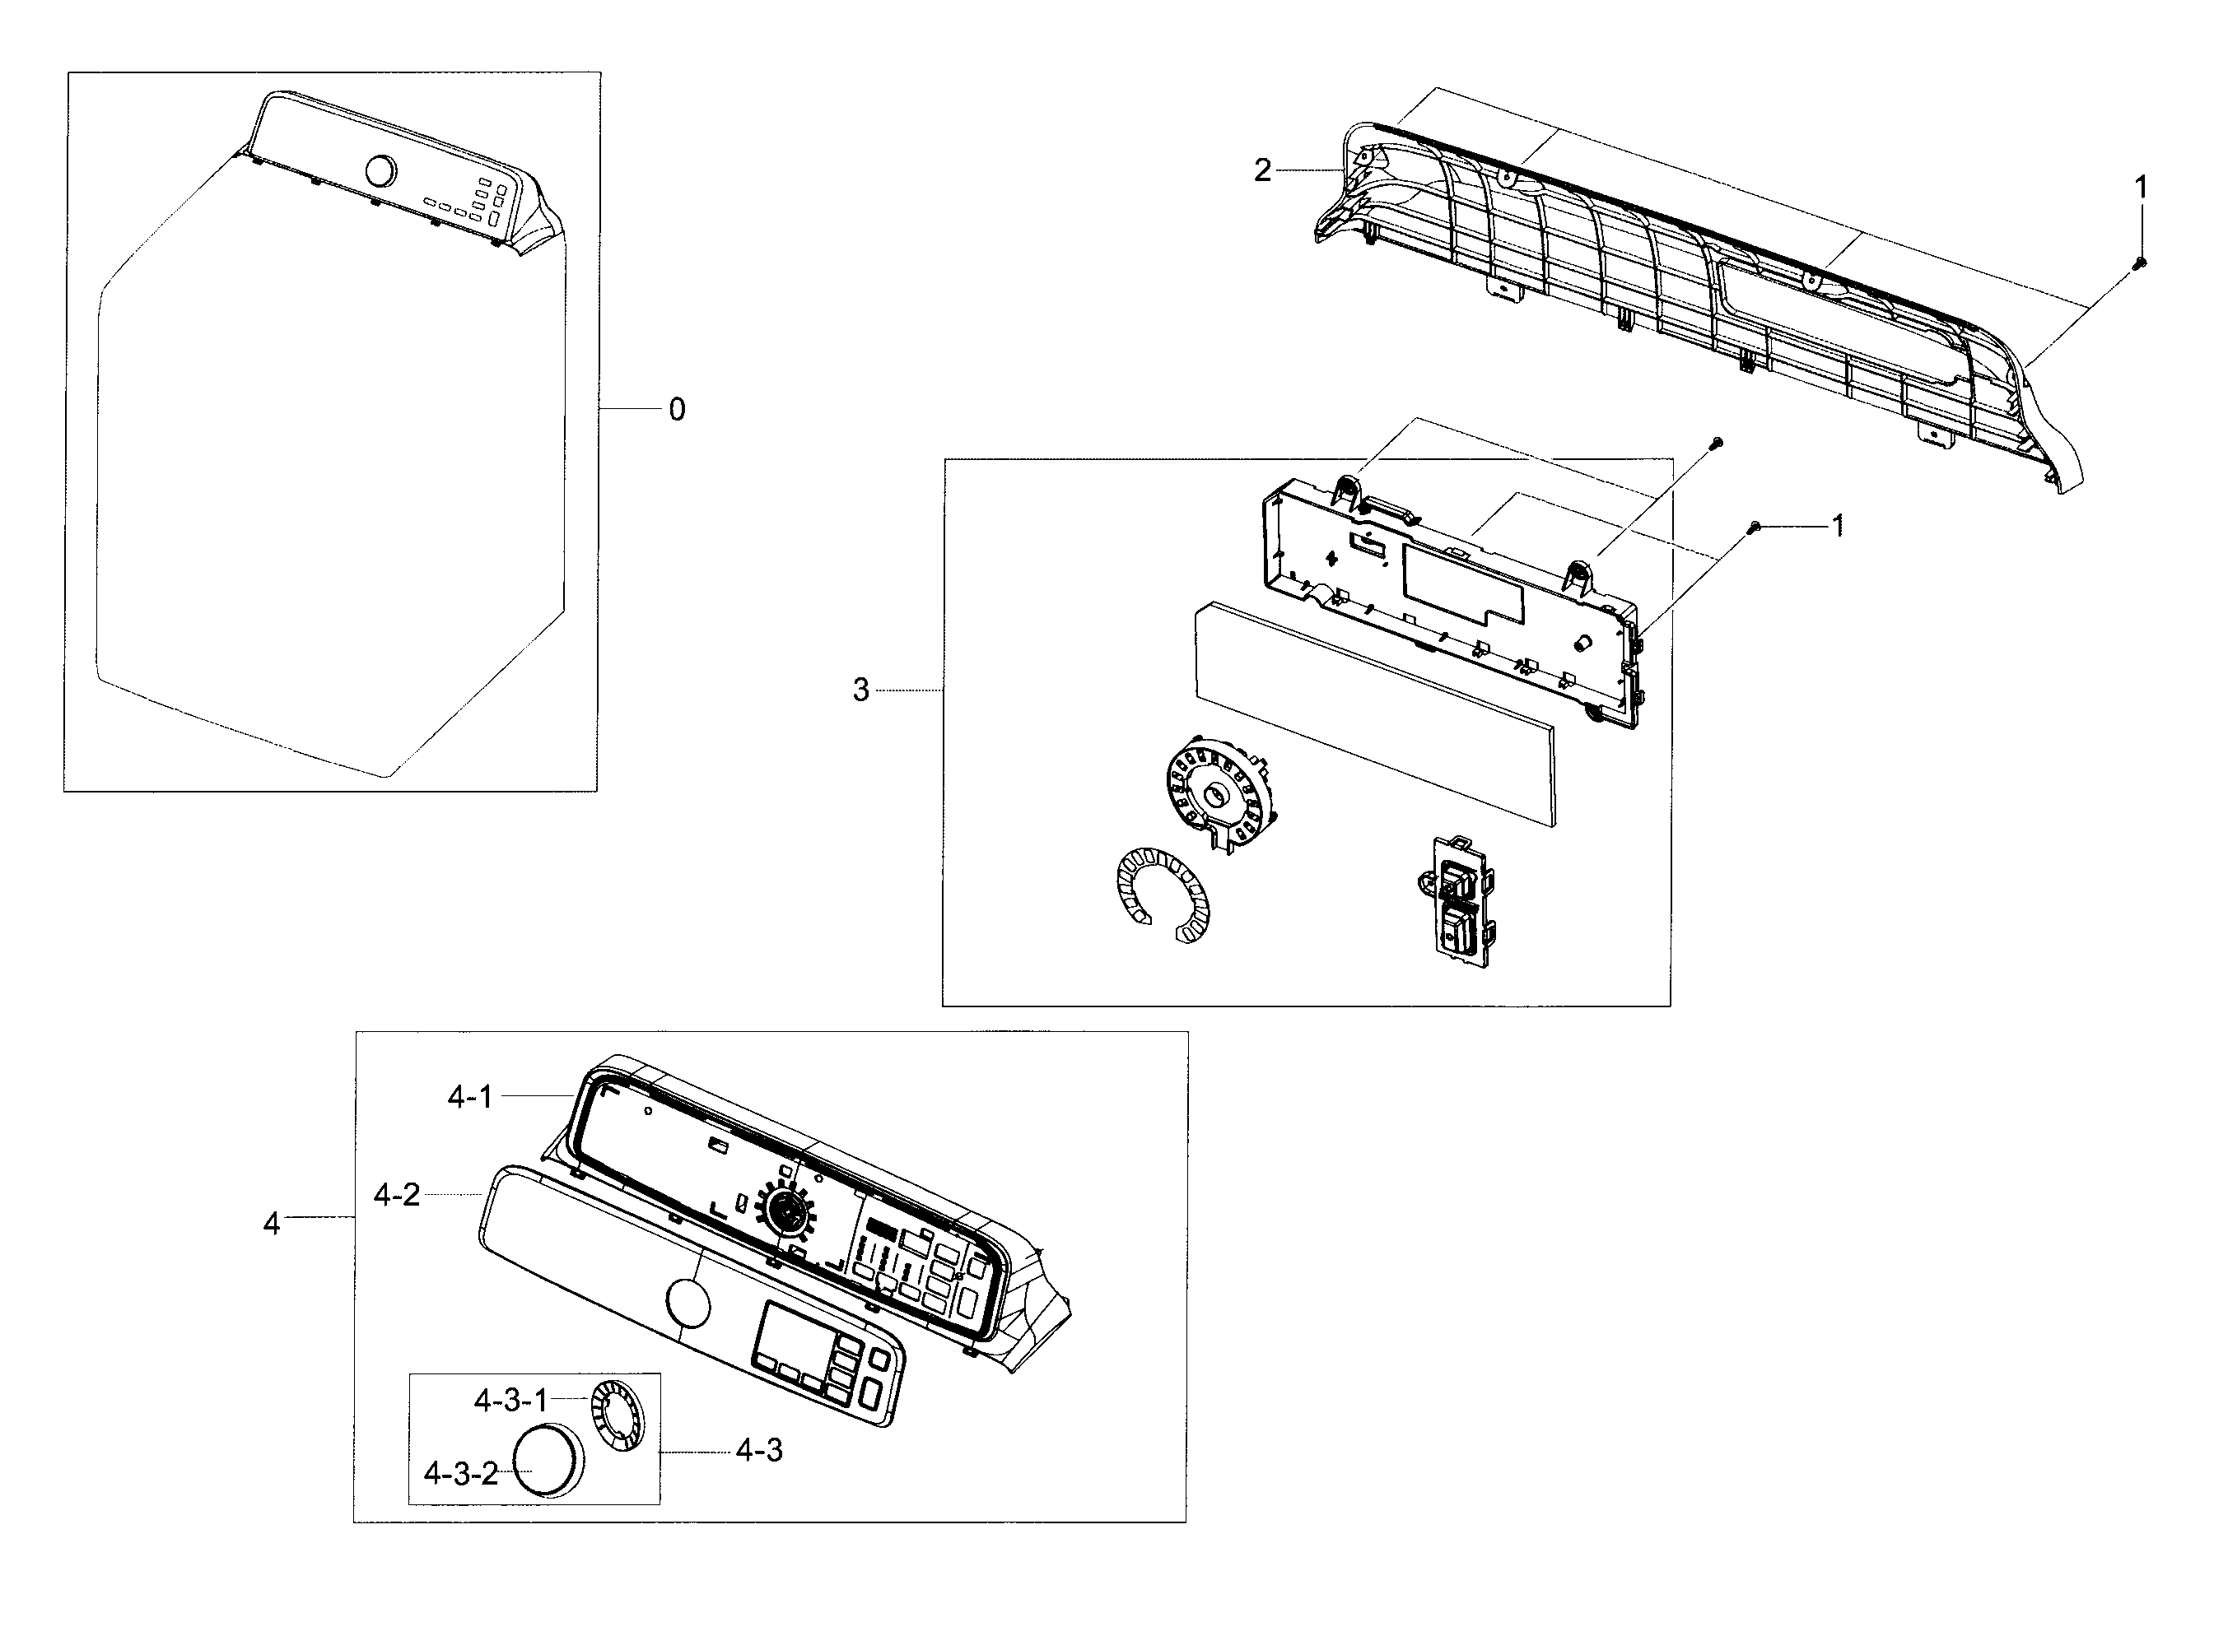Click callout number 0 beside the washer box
[x=677, y=410]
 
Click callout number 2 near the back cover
[x=1263, y=171]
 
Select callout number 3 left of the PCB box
[x=860, y=690]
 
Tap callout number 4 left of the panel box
[x=272, y=1224]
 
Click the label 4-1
[x=469, y=1097]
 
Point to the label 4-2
[x=397, y=1195]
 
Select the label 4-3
[x=759, y=1450]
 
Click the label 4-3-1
[x=510, y=1401]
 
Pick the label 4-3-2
[x=460, y=1473]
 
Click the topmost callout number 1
[x=2140, y=187]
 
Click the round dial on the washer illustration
[x=380, y=171]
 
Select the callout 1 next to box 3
[x=1836, y=525]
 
